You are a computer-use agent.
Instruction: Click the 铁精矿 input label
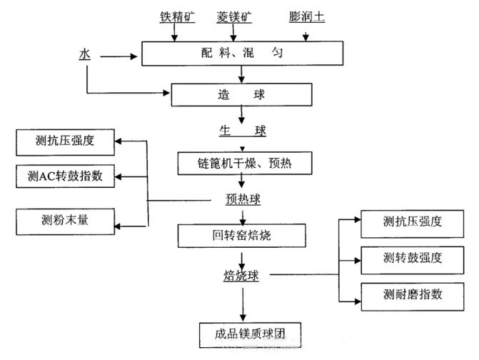pyautogui.click(x=176, y=15)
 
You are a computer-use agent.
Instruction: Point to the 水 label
pyautogui.click(x=85, y=53)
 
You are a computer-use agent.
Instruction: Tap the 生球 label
pyautogui.click(x=242, y=131)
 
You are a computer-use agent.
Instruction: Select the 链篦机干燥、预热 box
pyautogui.click(x=244, y=164)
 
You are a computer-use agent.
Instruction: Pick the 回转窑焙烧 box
pyautogui.click(x=243, y=235)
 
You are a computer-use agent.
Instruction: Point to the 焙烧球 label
pyautogui.click(x=240, y=274)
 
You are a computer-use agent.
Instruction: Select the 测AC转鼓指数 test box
pyautogui.click(x=64, y=176)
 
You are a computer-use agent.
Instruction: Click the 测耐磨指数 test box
pyautogui.click(x=411, y=294)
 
